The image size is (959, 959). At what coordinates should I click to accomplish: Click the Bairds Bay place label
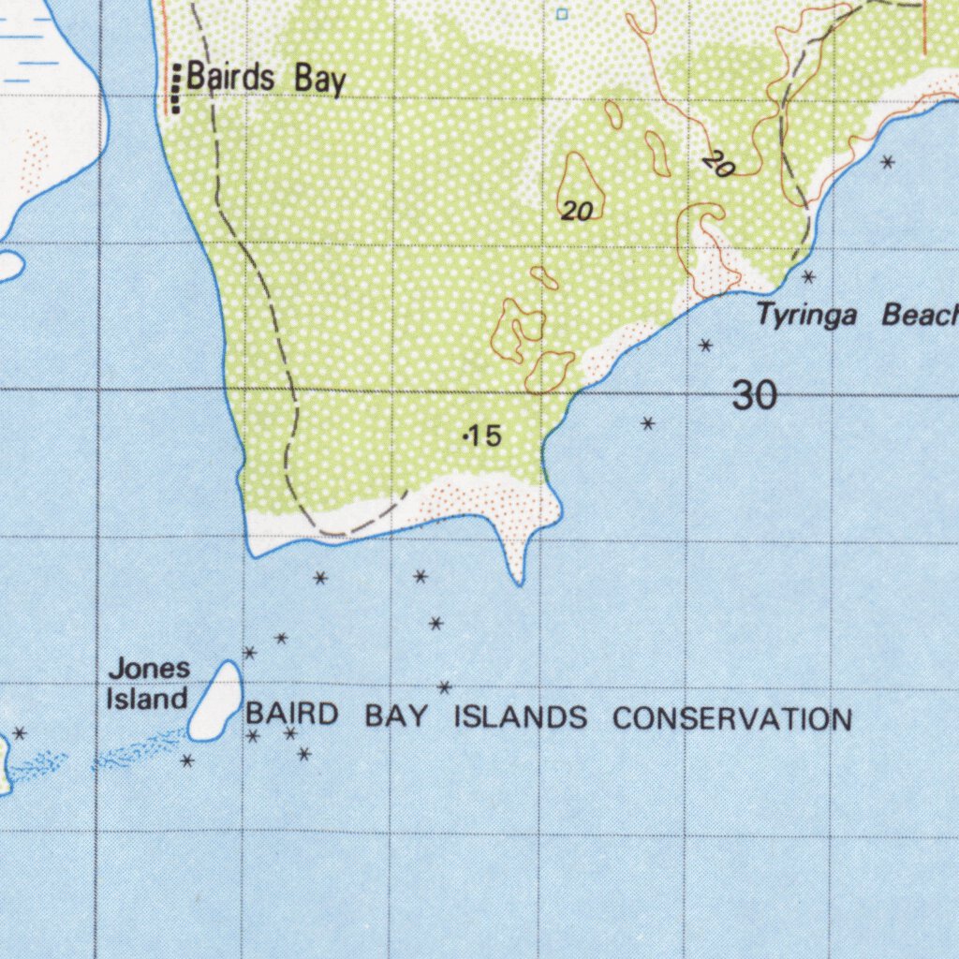coord(266,79)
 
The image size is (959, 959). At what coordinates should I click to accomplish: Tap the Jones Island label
coord(148,684)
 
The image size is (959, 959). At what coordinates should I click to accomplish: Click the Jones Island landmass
coord(216,701)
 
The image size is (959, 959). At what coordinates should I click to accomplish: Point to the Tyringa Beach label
coord(858,316)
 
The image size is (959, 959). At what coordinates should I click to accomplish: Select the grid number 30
coord(754,396)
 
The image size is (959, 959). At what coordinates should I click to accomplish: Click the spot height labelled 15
coord(483,435)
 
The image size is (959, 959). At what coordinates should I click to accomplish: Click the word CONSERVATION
coord(732,719)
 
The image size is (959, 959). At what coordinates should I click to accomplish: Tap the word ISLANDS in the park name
coord(521,718)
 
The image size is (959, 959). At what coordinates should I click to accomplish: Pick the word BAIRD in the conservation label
coord(291,715)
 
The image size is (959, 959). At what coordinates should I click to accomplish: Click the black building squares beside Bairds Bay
coord(175,88)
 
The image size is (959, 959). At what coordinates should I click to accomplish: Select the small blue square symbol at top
coord(562,14)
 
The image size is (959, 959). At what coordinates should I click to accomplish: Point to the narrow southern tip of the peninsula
coord(518,573)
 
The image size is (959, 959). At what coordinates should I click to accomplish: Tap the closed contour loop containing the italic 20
coord(581,187)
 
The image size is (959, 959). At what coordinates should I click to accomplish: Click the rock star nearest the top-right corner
coord(888,162)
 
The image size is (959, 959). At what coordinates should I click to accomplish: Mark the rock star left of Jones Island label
coord(20,732)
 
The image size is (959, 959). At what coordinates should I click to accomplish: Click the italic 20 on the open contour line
coord(717,167)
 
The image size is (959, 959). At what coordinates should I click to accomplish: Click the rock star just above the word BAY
coord(445,687)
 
